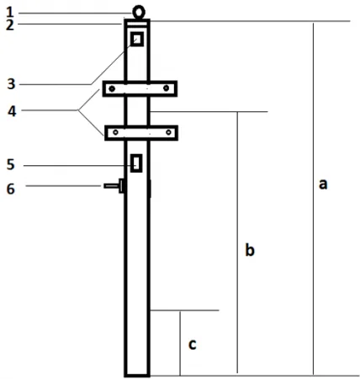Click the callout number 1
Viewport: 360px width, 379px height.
coord(10,13)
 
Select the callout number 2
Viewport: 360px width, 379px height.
coord(10,25)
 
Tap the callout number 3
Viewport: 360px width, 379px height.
coord(11,84)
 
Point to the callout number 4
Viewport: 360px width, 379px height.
coord(12,111)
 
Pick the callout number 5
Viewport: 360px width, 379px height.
coord(10,164)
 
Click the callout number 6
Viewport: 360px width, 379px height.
coord(11,189)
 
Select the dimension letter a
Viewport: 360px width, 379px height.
coord(323,184)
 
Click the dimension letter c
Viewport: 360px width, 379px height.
coord(192,344)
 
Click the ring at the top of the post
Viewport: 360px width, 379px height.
coord(139,7)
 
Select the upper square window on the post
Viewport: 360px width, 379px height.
coord(137,39)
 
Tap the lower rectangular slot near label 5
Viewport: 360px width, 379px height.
coord(136,163)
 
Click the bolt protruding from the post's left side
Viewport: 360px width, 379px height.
coord(114,186)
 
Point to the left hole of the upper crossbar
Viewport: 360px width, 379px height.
coord(112,88)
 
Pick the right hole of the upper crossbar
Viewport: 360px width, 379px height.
coord(166,88)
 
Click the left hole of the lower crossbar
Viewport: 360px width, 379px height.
coord(115,132)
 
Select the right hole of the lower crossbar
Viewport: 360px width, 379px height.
coord(168,132)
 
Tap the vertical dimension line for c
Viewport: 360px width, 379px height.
coord(180,343)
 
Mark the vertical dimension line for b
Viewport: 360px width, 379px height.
coord(237,243)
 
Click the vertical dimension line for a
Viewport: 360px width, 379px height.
coord(313,199)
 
